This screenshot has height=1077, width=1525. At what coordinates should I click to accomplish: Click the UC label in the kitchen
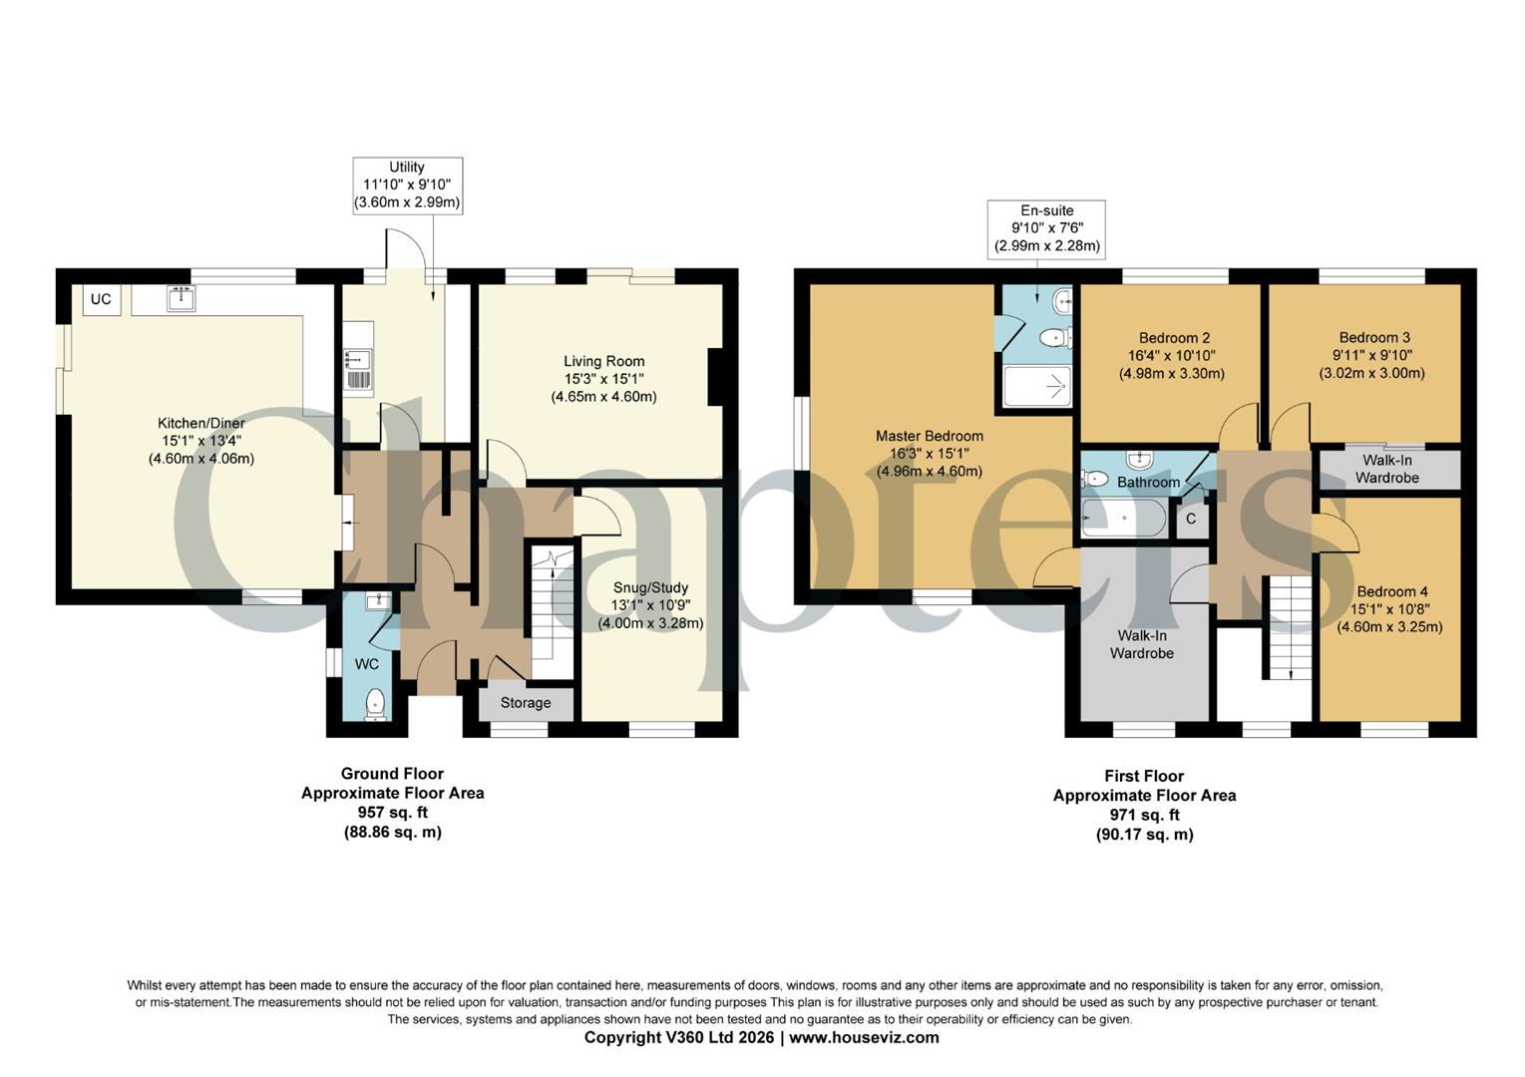[x=101, y=299]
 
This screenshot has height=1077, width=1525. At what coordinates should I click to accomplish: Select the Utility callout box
[x=407, y=184]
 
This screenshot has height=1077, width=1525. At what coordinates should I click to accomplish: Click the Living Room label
[x=603, y=361]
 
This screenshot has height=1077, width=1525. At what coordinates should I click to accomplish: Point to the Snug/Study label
[x=650, y=587]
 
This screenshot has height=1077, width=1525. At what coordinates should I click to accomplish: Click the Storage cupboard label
[x=526, y=703]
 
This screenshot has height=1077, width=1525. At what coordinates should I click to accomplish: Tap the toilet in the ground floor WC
[x=375, y=703]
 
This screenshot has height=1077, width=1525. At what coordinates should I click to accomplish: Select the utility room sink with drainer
[x=357, y=367]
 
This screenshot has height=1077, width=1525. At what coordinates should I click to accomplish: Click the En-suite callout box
[x=1046, y=228]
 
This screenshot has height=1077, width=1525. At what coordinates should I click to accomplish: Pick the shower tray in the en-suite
[x=1037, y=386]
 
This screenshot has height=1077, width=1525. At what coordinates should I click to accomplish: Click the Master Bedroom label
[x=929, y=436]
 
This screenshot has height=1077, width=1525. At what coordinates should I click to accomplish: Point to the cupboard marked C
[x=1191, y=520]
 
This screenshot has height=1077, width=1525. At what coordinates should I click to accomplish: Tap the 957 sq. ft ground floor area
[x=392, y=813]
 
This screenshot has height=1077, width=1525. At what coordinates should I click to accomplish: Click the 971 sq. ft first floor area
[x=1144, y=816]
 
